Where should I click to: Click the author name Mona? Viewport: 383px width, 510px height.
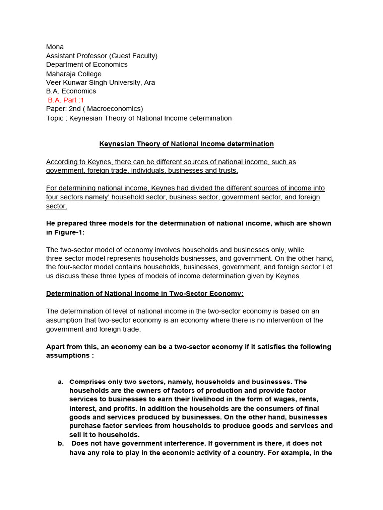(x=55, y=47)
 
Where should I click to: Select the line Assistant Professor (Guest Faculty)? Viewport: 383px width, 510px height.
(x=102, y=56)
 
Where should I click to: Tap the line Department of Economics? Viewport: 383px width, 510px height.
(x=87, y=65)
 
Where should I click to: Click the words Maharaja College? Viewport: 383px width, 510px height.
(x=74, y=74)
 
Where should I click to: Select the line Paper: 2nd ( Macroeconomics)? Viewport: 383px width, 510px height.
(x=94, y=109)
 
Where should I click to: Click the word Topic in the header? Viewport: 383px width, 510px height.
(x=55, y=118)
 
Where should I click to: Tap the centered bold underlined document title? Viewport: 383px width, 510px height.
(x=187, y=144)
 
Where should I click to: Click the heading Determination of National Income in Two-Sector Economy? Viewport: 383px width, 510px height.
(x=145, y=294)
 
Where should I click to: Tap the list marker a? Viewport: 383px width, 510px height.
(x=60, y=382)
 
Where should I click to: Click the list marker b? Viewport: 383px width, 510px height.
(x=60, y=443)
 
